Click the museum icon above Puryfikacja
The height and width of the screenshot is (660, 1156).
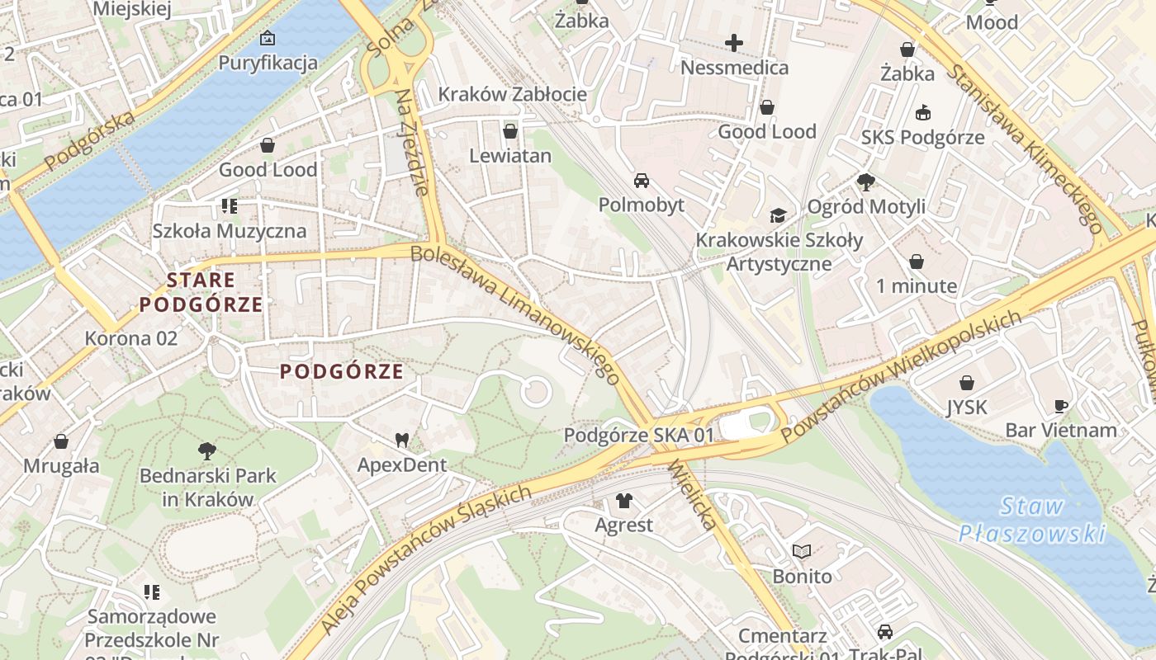click(267, 38)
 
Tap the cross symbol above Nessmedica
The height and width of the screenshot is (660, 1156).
click(733, 43)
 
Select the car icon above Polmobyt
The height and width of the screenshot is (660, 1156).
click(641, 180)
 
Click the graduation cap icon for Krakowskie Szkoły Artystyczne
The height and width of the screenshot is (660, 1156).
click(778, 215)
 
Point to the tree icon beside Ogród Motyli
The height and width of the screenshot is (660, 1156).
click(865, 181)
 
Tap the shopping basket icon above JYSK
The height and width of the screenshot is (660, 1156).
click(966, 383)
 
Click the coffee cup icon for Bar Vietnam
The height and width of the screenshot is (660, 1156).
click(1061, 406)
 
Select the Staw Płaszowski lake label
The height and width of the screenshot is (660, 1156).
click(1031, 519)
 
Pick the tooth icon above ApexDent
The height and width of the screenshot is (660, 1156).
click(402, 441)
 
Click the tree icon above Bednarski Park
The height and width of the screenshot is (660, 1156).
click(207, 451)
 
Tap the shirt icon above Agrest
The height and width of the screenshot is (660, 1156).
click(623, 501)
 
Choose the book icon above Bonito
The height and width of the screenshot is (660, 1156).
click(802, 551)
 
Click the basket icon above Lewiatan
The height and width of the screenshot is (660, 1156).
click(510, 131)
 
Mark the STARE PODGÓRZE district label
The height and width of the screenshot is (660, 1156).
click(201, 292)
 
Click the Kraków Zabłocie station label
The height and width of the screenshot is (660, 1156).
click(512, 94)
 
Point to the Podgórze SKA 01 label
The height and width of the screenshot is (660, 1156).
click(638, 435)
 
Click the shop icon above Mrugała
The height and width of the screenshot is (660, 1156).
click(60, 441)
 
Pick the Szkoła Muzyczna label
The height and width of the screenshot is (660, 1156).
click(229, 231)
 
